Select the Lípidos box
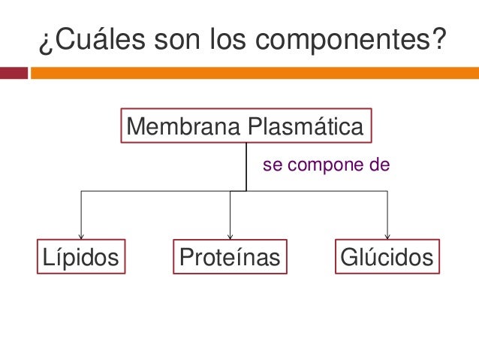coord(81,258)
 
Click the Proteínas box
coord(230,258)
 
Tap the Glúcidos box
coord(387,258)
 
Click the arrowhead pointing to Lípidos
coord(81,236)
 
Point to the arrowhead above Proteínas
coord(230,236)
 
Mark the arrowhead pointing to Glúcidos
coord(387,236)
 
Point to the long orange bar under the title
coord(254,73)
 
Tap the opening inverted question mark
coord(42,42)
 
